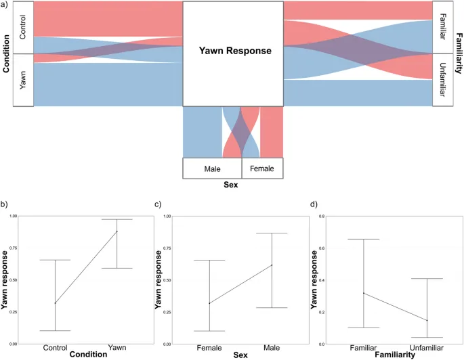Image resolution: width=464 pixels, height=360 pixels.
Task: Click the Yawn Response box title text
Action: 234,51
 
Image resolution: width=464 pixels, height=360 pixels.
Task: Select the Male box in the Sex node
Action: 212,168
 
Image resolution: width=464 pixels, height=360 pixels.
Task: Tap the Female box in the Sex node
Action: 262,168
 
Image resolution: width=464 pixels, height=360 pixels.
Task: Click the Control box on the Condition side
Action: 23,27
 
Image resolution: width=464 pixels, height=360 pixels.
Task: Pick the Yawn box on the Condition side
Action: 23,80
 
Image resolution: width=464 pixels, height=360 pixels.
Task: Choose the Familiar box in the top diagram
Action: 443,27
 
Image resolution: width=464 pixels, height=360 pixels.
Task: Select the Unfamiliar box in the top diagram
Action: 443,80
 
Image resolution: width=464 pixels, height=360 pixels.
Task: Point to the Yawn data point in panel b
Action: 117,231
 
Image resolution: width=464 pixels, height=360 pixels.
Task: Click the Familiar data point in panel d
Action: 364,293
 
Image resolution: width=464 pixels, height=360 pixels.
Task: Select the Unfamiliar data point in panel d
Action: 427,320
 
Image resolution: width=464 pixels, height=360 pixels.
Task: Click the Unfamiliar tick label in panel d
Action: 427,347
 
